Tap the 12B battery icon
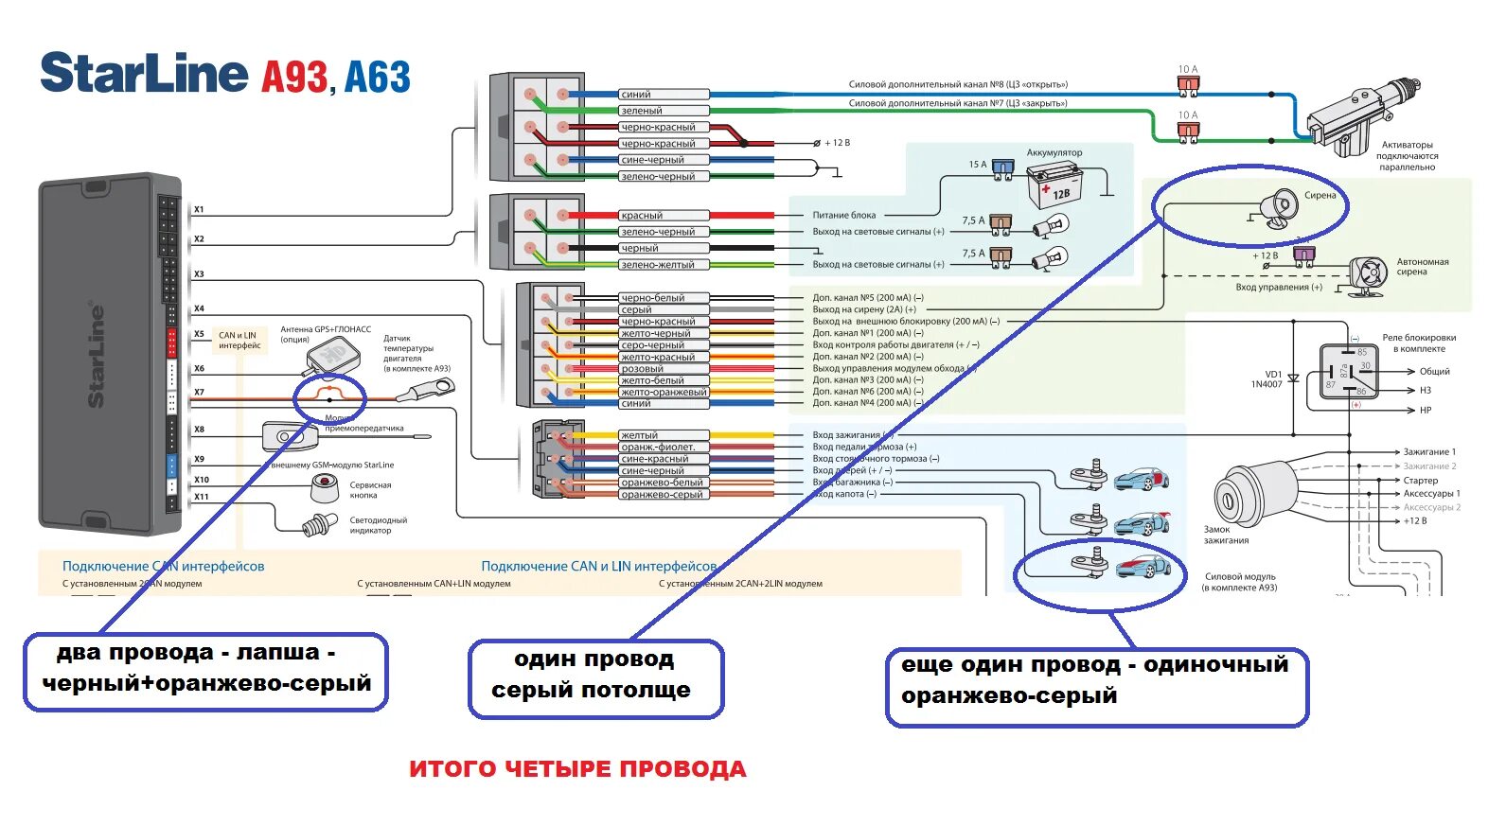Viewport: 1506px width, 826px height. [1054, 185]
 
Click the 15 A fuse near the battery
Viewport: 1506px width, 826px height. [1005, 167]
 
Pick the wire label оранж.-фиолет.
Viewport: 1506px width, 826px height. [658, 448]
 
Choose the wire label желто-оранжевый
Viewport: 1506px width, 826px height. [664, 393]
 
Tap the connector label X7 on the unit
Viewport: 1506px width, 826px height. [199, 393]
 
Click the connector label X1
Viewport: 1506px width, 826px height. [199, 210]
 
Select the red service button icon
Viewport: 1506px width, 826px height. [325, 488]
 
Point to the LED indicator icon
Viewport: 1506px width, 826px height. [319, 524]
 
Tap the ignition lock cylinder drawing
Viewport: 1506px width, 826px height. [1245, 493]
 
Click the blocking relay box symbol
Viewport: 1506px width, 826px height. [1349, 372]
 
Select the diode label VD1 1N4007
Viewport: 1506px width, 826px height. [1267, 379]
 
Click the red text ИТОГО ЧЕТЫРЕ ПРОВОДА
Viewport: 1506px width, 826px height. [577, 769]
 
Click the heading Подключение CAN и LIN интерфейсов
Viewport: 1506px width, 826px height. [598, 567]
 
